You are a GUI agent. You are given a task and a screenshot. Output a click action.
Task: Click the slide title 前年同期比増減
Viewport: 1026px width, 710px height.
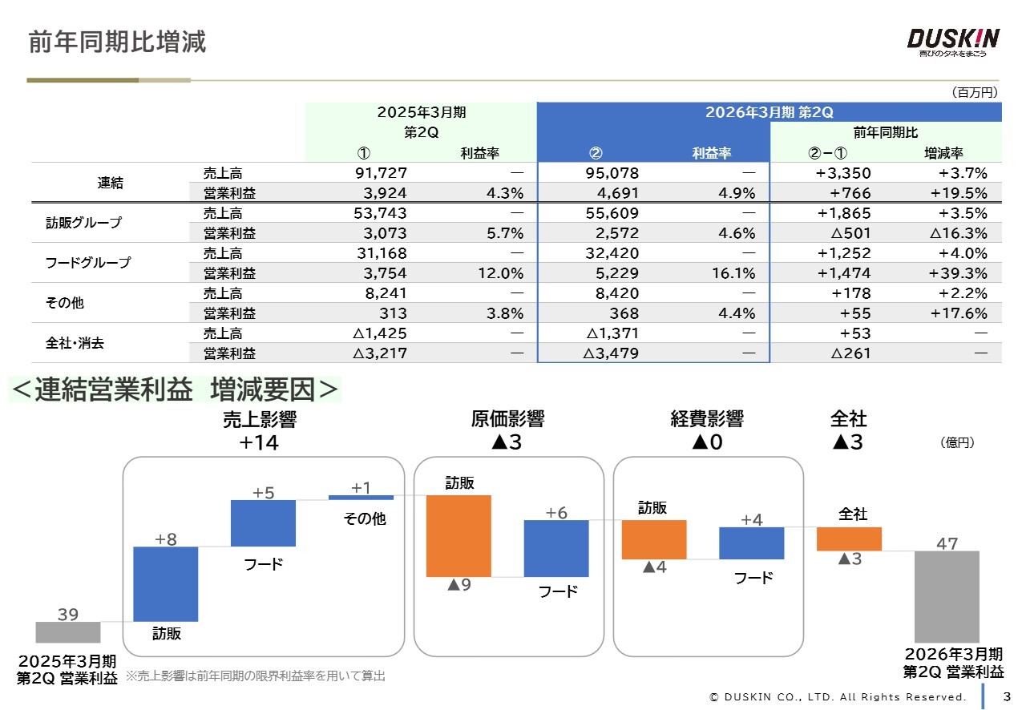(117, 42)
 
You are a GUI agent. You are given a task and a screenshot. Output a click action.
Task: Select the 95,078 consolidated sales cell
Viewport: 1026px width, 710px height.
(612, 173)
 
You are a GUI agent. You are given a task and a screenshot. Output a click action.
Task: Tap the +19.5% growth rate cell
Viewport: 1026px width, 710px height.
(958, 193)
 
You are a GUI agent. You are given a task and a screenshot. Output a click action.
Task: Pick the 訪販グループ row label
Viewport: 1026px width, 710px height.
(83, 223)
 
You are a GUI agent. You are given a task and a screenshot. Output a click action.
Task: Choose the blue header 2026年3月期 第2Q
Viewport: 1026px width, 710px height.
(769, 112)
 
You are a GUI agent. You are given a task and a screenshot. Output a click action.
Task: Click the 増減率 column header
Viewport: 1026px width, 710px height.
(943, 153)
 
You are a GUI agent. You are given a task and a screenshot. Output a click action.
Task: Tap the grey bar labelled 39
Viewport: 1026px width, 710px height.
(68, 632)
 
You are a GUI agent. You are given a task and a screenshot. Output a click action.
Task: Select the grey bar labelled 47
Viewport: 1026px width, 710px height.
(947, 596)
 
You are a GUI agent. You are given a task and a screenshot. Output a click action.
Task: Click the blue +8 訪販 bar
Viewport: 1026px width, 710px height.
(165, 584)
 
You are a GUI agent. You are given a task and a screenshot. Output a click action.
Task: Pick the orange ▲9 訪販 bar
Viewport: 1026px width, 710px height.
(458, 536)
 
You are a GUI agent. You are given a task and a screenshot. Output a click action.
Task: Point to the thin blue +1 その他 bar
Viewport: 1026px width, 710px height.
(361, 498)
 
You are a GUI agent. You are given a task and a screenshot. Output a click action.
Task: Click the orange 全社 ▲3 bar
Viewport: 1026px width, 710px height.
(849, 539)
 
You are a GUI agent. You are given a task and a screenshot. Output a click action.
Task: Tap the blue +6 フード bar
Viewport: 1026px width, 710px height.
(556, 548)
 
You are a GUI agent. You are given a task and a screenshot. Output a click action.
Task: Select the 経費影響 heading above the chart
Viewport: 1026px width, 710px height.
(707, 418)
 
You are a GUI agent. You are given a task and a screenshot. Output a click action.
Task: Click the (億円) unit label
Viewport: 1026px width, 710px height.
(956, 442)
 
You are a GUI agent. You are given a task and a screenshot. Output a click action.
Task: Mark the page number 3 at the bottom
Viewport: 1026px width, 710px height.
(1007, 696)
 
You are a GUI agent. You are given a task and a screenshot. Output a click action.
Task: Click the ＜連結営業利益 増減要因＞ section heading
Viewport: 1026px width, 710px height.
(175, 389)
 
